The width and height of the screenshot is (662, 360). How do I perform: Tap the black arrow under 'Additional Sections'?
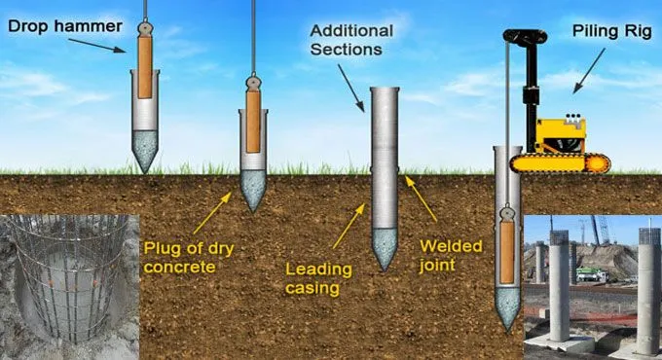coord(350,76)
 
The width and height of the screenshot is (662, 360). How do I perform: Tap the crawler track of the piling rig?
coord(561,162)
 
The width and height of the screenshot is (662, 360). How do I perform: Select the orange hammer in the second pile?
coord(253,126)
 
